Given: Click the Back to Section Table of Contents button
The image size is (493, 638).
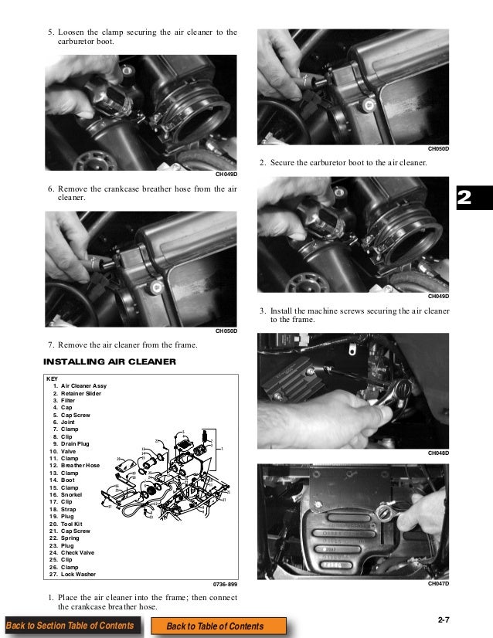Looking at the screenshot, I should click(70, 626).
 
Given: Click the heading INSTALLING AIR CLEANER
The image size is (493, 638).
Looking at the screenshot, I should click(110, 361).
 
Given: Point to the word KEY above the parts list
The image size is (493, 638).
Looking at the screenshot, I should click(53, 378).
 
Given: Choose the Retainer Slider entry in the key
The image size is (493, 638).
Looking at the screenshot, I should click(80, 393).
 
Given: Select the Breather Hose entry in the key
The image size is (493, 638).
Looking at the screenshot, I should click(80, 466).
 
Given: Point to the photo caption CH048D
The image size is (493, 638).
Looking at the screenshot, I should click(437, 452).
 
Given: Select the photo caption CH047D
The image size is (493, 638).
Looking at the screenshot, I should click(437, 584).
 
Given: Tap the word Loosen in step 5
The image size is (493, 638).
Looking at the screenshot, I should click(73, 32).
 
